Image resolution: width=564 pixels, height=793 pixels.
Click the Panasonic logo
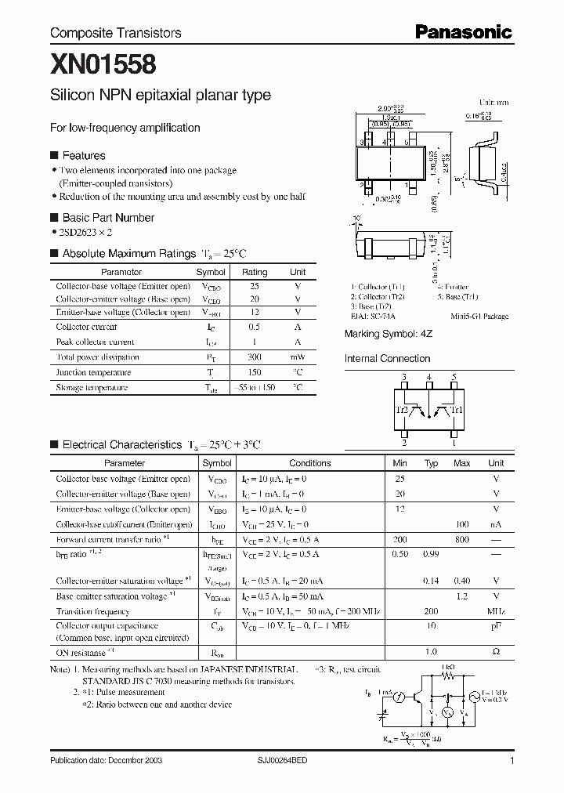463,32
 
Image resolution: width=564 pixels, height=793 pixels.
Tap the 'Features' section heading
83,155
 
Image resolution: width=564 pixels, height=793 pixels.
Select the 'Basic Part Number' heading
108,218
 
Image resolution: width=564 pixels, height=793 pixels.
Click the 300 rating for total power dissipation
254,357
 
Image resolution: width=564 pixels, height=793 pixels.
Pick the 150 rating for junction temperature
254,372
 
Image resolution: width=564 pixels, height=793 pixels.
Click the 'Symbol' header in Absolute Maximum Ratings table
211,272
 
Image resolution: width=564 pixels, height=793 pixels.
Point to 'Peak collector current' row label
95,342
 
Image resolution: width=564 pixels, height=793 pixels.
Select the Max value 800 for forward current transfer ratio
461,540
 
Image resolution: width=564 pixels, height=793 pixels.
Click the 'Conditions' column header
310,463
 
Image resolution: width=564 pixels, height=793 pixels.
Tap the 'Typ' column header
431,463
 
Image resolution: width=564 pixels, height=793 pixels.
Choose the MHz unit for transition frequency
496,610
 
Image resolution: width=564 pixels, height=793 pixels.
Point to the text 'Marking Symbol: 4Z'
388,334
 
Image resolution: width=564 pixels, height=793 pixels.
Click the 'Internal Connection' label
388,359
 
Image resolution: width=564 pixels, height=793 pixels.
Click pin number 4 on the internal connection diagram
428,377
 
